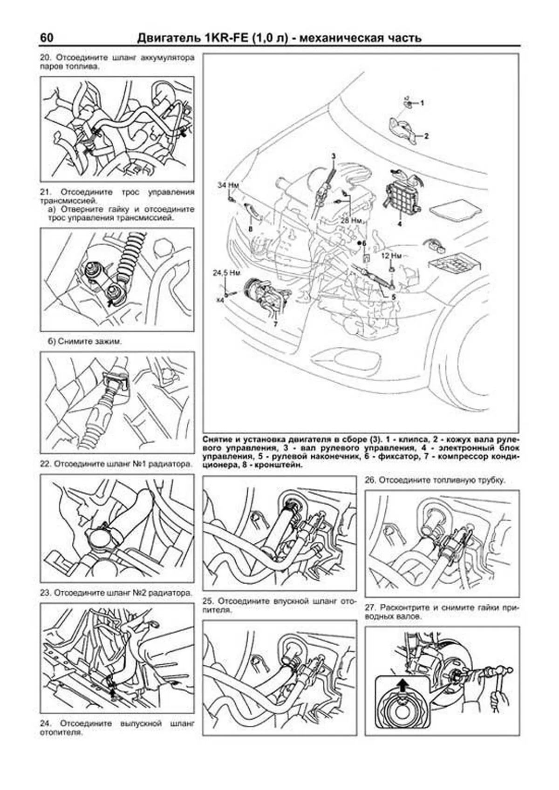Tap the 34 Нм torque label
(x=228, y=185)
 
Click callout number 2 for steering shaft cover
(x=425, y=136)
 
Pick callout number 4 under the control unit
(x=399, y=224)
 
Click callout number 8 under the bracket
(x=250, y=229)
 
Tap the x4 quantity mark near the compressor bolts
(x=220, y=300)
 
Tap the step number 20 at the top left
(x=45, y=59)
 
